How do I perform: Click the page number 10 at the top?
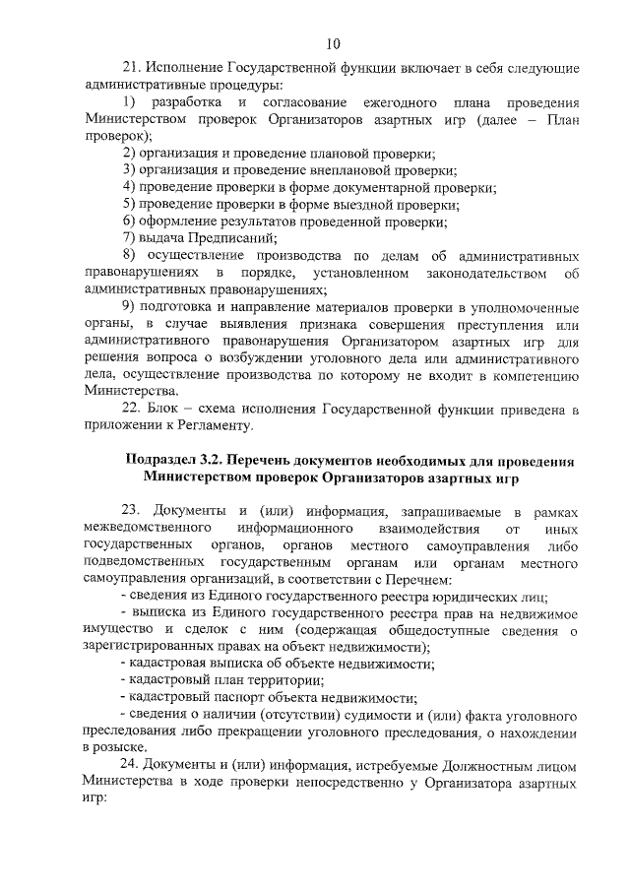coord(333,42)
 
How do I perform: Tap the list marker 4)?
coord(128,187)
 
